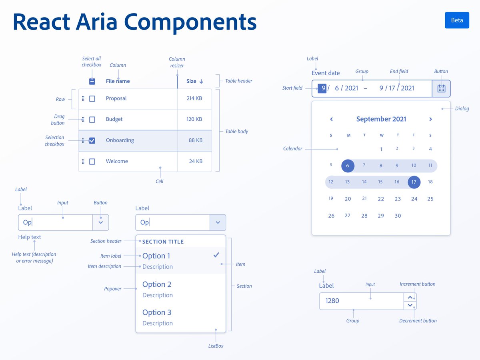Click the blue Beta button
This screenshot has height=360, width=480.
[457, 20]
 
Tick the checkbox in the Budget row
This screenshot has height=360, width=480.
[92, 120]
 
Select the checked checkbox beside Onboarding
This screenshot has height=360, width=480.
[92, 140]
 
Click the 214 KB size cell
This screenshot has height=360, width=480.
[194, 98]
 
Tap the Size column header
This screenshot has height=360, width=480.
[194, 81]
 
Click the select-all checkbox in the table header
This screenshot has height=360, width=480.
[92, 81]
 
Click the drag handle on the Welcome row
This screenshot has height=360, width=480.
[83, 162]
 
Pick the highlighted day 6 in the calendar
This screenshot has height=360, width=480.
[348, 166]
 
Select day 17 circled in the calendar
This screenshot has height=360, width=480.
[414, 182]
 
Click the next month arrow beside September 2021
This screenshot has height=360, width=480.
[430, 119]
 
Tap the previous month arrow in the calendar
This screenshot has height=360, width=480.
[331, 119]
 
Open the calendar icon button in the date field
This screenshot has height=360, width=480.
[441, 88]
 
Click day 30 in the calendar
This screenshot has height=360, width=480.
[398, 216]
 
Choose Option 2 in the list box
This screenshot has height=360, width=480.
[157, 284]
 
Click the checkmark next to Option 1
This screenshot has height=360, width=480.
[216, 255]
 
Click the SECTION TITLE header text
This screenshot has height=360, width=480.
[163, 242]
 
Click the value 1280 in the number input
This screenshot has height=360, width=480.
[332, 301]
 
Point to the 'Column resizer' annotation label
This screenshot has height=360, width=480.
[177, 62]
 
